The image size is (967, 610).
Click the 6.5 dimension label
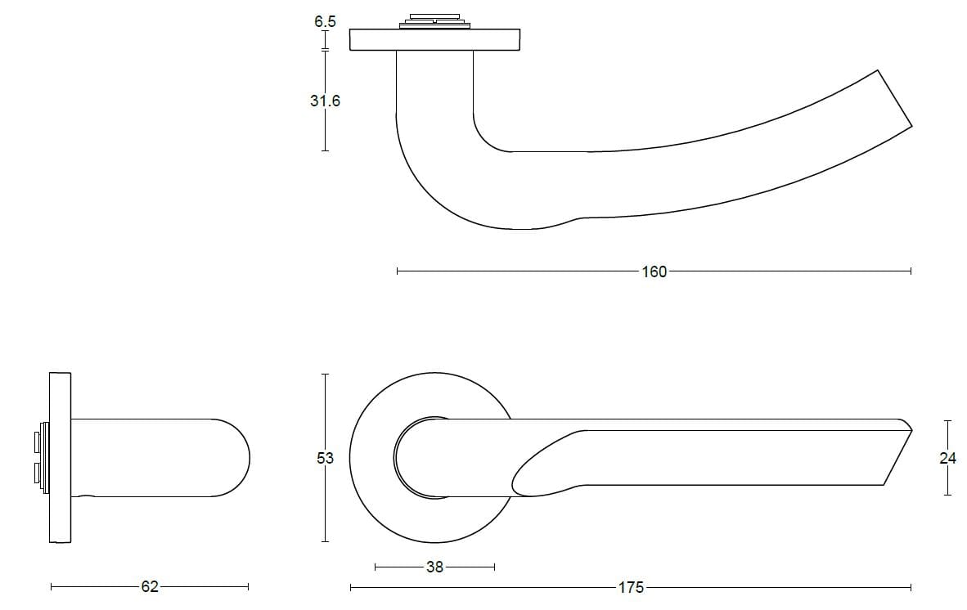coord(325,22)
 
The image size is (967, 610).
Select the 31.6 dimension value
coord(325,101)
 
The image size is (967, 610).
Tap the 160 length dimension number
coord(654,271)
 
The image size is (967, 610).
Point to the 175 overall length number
coord(631,587)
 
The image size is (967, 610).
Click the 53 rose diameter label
coord(325,458)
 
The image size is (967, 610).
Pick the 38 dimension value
coord(434,567)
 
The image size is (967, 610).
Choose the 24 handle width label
coord(947,458)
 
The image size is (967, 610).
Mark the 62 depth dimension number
coord(150,586)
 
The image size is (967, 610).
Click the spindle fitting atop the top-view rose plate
coord(434,20)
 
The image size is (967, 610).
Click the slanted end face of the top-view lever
coord(894,98)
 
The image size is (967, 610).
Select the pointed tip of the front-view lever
coord(910,428)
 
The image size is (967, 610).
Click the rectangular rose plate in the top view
coord(434,39)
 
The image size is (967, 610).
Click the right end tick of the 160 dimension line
coord(911,271)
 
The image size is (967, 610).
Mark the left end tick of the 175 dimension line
coord(350,587)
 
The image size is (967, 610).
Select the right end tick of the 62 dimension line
coord(248,586)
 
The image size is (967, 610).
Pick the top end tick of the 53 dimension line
coord(325,375)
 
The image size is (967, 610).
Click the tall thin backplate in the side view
coord(60,458)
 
